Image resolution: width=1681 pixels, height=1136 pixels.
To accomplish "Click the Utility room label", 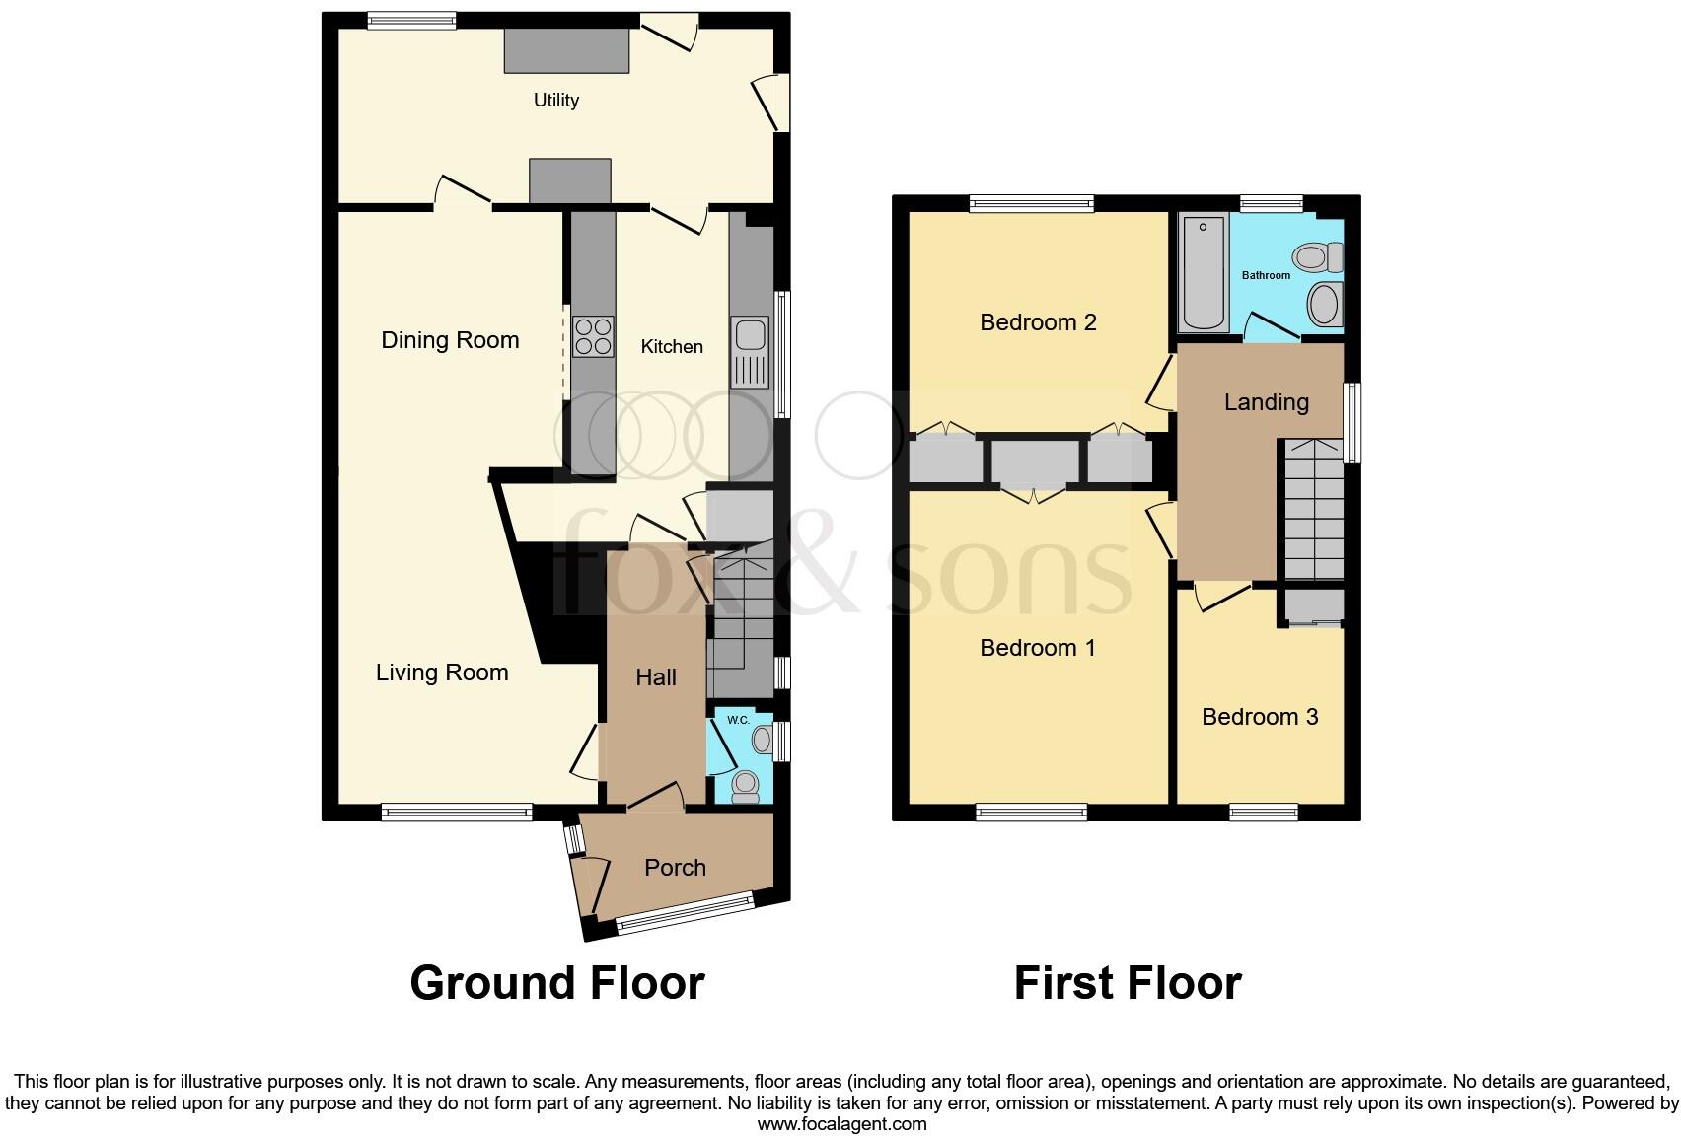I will (555, 100).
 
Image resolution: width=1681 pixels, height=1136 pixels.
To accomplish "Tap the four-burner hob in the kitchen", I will (593, 336).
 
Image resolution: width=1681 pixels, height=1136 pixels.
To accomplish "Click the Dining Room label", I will (450, 340).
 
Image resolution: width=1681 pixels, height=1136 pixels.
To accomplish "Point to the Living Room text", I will (442, 673).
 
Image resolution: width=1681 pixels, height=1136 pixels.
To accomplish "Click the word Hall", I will (656, 677).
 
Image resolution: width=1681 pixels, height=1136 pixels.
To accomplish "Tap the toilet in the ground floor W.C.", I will (745, 784).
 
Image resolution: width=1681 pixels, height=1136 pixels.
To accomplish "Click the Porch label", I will (675, 868).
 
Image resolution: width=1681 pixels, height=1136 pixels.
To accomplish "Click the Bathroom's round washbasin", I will (1325, 303).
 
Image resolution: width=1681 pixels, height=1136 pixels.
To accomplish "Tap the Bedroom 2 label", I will (1038, 322).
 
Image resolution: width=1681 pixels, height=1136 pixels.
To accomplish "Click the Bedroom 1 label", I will (1038, 648).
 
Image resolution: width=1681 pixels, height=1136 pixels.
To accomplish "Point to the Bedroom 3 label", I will (1260, 717).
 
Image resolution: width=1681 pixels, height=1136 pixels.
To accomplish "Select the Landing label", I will (1266, 402).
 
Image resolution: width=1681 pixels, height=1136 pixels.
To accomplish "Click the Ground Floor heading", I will (556, 983).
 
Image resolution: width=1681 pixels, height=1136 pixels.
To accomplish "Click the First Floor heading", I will (1128, 983).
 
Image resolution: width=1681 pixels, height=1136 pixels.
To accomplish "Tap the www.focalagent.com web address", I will (841, 1123).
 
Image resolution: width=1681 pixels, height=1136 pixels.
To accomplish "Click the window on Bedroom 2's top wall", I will (1031, 203).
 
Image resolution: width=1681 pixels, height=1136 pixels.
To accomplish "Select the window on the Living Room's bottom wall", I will (457, 813).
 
